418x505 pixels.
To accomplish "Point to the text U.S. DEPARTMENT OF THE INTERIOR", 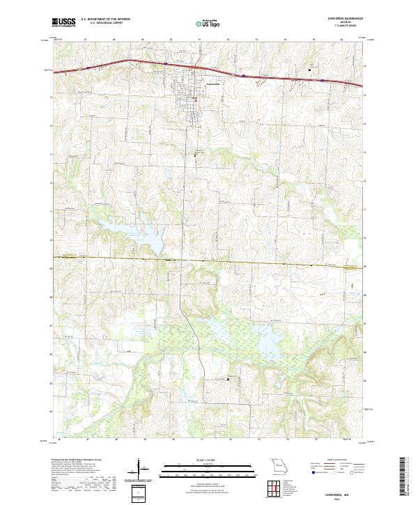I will (x=105, y=20).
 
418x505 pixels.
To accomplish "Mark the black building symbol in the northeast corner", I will (x=310, y=70).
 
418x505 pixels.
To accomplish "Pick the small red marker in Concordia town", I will (x=196, y=99).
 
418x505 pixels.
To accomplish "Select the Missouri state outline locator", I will (x=277, y=465).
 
